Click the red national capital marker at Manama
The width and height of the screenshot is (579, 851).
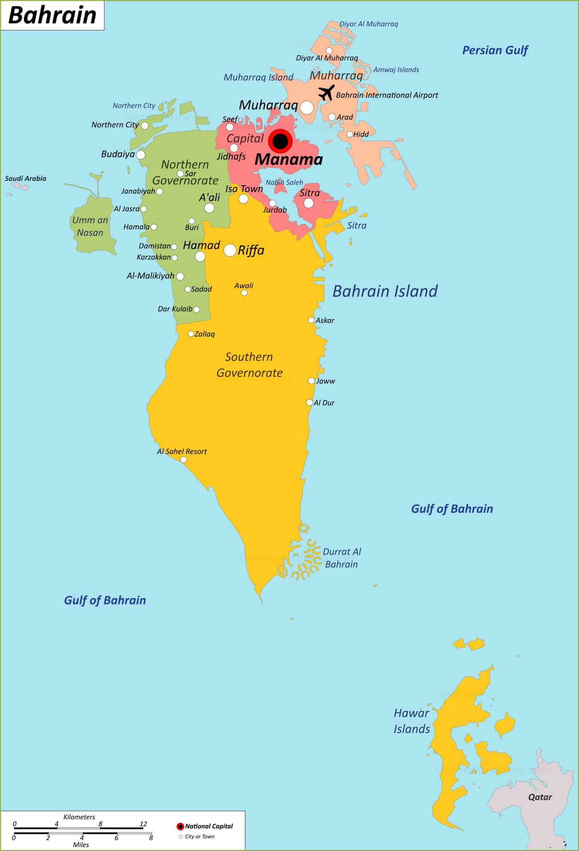(280, 141)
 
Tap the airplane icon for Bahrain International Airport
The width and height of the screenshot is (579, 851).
(326, 92)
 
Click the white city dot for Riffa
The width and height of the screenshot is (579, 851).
(230, 250)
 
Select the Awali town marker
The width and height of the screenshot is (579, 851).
(244, 293)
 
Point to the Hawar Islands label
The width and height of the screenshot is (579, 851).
(411, 721)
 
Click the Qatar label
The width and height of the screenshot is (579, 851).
(540, 797)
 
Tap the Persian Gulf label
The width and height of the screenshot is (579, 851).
(495, 50)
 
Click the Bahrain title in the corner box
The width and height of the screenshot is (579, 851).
(52, 15)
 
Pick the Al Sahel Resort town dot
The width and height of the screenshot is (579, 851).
(184, 460)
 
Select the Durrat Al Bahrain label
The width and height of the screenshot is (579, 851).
(341, 558)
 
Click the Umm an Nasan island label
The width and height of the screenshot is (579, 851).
(90, 226)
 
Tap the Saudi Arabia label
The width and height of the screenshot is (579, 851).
(26, 178)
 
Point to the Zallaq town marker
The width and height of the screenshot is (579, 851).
(191, 334)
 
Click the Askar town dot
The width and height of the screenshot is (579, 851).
(311, 320)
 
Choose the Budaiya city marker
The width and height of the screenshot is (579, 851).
(141, 155)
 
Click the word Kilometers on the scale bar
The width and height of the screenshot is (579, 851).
(79, 817)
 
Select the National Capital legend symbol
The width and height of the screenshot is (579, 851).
(180, 826)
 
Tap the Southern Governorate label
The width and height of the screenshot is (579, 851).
(249, 365)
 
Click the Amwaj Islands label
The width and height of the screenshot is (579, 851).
(396, 70)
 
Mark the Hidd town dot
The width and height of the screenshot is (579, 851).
(350, 134)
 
